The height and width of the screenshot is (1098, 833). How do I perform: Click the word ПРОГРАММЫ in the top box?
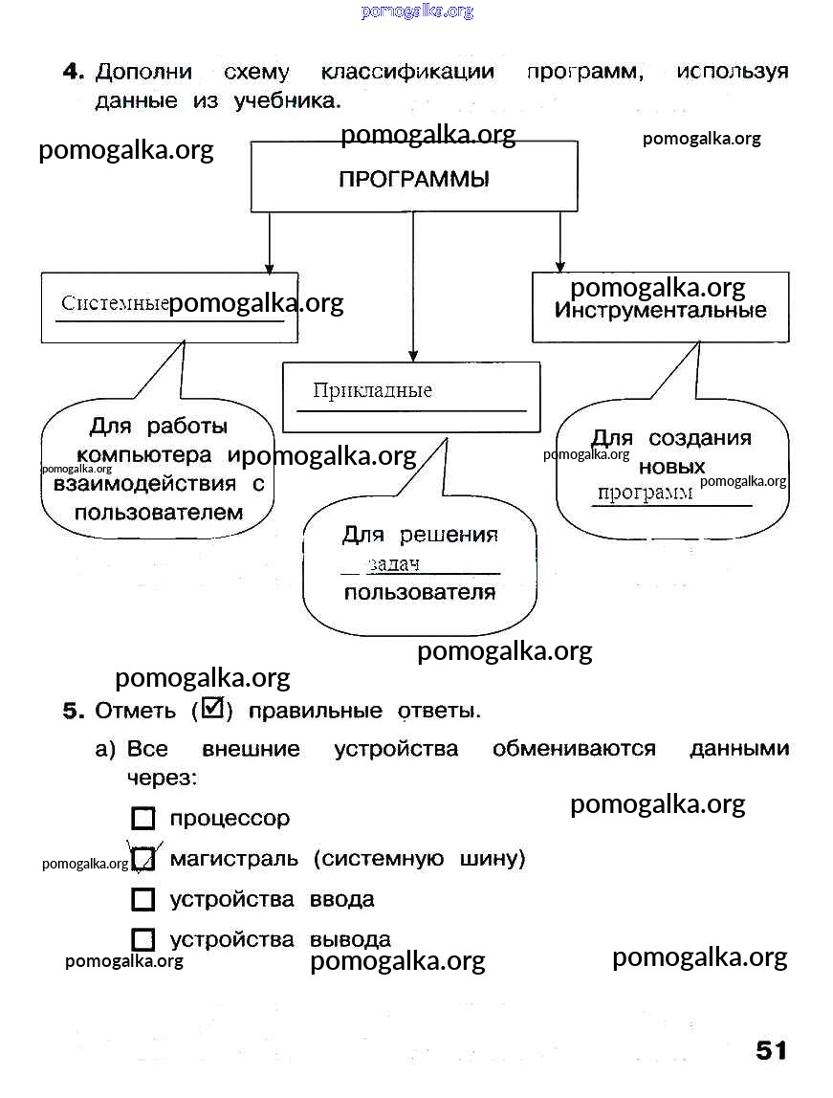(x=413, y=180)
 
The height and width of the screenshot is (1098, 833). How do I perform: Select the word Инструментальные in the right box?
(x=661, y=311)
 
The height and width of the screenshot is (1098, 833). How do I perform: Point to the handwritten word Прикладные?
(x=372, y=390)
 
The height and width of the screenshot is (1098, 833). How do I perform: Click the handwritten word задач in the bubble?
(x=393, y=564)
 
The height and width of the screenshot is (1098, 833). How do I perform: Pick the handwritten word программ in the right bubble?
(x=645, y=493)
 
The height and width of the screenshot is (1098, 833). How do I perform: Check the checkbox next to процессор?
(x=143, y=819)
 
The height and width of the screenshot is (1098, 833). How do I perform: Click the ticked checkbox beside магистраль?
(x=143, y=859)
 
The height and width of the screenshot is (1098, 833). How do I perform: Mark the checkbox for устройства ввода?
(x=143, y=900)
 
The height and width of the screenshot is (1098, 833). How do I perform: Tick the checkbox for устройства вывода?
(x=143, y=940)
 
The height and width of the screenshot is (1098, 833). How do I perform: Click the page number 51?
(x=771, y=1050)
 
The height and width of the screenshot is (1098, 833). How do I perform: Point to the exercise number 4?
(x=74, y=72)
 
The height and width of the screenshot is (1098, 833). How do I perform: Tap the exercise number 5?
(x=74, y=711)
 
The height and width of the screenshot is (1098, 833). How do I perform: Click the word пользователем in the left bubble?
(x=159, y=512)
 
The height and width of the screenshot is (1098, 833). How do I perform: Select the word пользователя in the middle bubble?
(x=419, y=592)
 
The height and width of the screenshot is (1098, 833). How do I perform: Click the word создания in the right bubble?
(x=700, y=438)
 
